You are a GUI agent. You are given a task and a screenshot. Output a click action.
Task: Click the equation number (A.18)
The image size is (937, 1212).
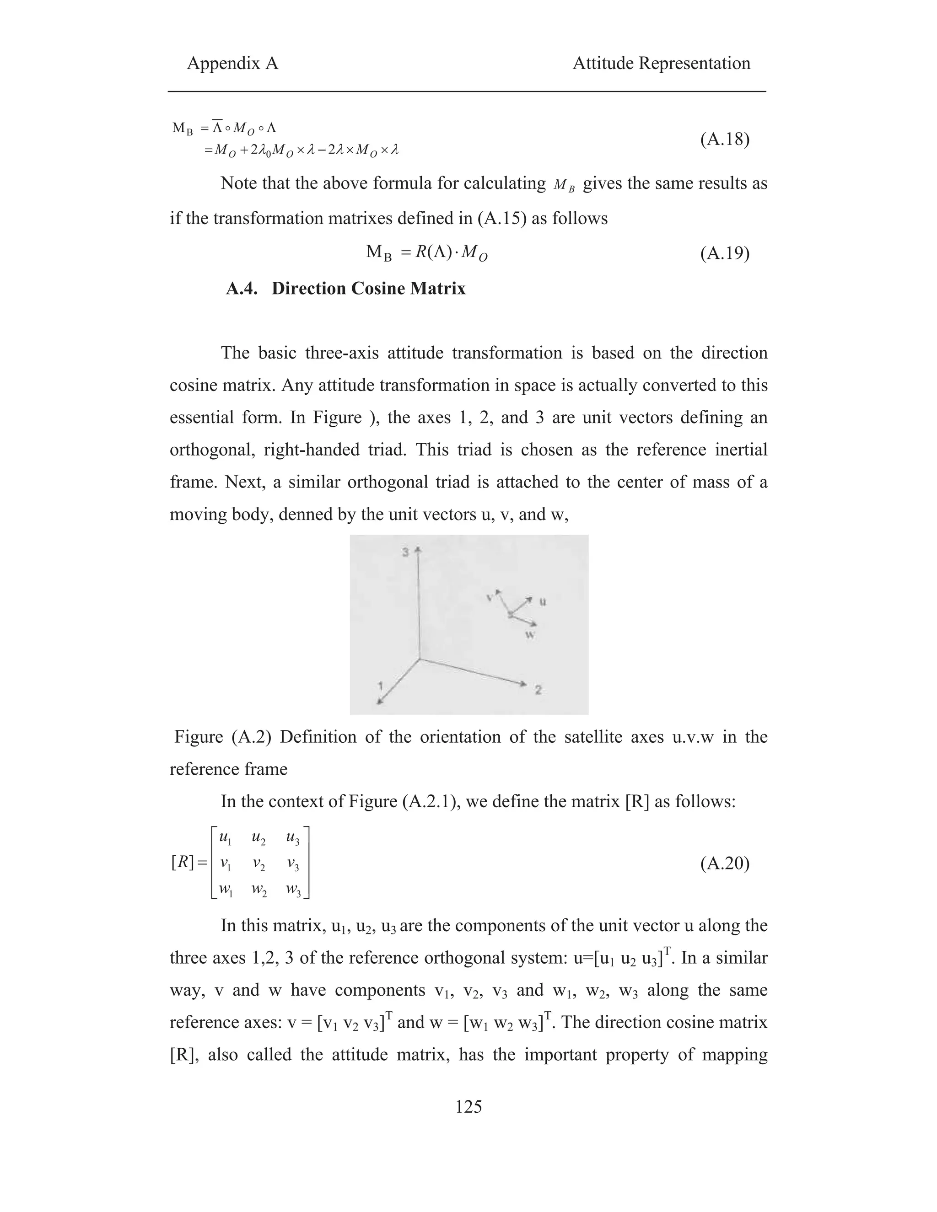coord(724,139)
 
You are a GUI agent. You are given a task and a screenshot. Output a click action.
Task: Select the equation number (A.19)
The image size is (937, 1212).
coord(724,254)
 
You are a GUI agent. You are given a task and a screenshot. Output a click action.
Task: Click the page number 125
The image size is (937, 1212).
coord(468,1133)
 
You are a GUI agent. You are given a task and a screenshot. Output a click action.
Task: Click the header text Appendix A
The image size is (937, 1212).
coord(232,63)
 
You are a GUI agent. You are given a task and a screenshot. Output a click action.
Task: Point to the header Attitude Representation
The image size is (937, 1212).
coord(661,63)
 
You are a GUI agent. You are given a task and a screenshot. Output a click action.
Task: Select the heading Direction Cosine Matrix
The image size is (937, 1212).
coord(369,289)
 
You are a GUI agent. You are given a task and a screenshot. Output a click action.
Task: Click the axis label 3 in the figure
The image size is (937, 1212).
coord(406,552)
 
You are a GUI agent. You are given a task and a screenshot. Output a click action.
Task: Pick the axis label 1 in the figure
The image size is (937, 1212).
coord(380,686)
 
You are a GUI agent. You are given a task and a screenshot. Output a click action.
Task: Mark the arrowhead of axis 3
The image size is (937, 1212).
coord(419,549)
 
